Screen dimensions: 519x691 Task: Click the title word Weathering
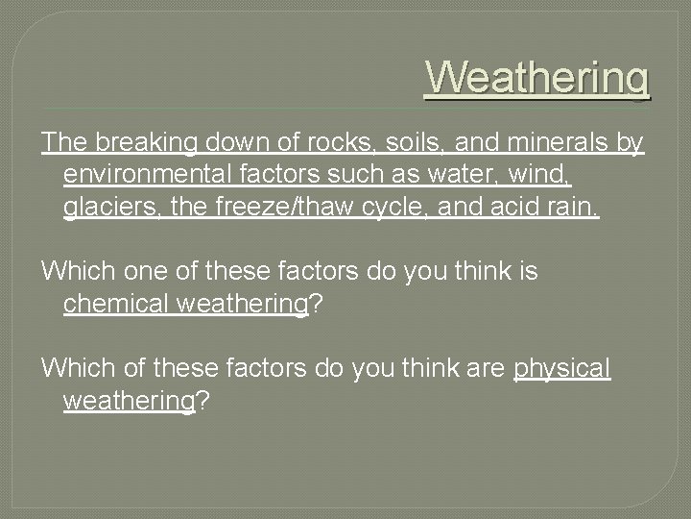click(537, 77)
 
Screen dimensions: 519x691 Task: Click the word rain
click(572, 207)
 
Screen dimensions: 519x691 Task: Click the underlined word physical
click(562, 369)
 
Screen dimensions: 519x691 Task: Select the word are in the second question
click(486, 369)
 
